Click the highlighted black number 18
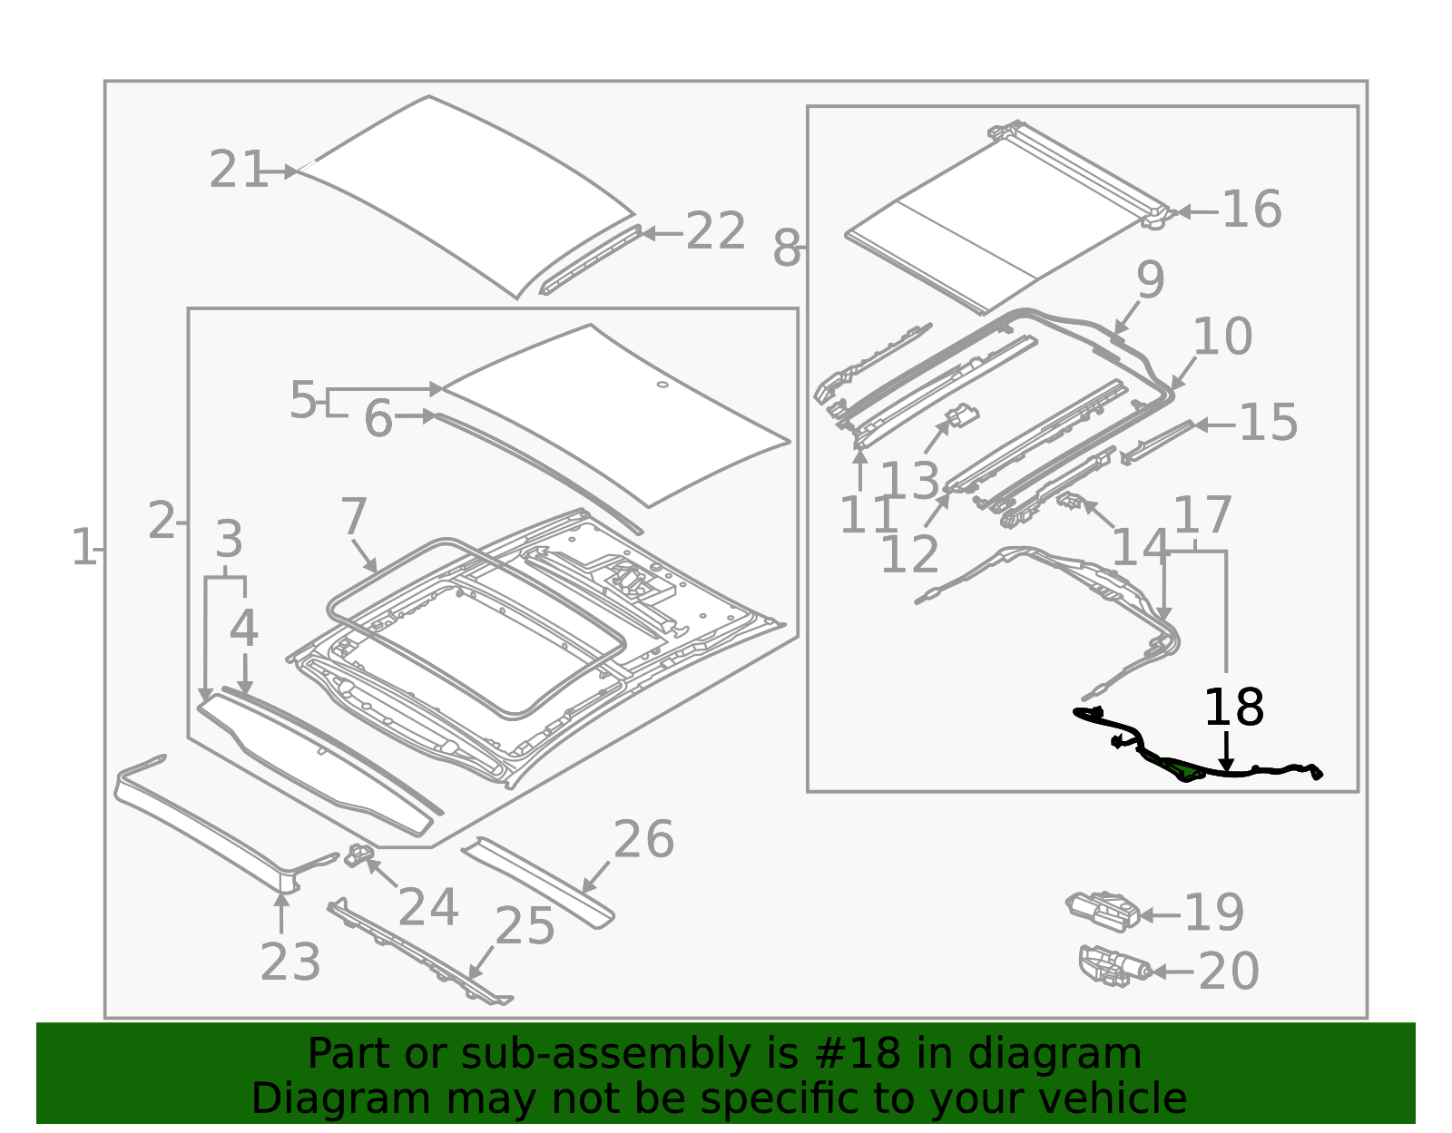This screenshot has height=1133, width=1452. tap(1232, 708)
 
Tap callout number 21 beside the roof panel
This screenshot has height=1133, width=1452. tap(238, 171)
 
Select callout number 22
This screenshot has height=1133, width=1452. tap(715, 232)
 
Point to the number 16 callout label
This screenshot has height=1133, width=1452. tap(1251, 210)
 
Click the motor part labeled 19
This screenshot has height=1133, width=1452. tap(1103, 910)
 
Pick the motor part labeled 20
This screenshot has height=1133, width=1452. tap(1112, 967)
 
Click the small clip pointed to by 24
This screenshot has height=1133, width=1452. tap(358, 854)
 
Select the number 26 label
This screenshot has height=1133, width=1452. tap(643, 840)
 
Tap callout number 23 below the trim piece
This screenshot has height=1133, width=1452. tap(290, 962)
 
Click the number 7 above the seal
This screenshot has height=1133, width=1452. tap(353, 517)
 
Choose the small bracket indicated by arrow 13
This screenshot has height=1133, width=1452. tap(962, 417)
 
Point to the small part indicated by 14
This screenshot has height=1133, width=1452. tap(1071, 500)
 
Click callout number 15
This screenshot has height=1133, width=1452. tap(1268, 423)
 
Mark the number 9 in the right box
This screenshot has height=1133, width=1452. tap(1150, 280)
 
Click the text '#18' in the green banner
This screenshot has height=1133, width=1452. tap(858, 1054)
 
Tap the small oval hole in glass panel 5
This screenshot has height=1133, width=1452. tap(662, 385)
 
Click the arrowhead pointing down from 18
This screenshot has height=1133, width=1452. tap(1226, 766)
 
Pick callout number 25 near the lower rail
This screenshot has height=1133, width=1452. tap(525, 927)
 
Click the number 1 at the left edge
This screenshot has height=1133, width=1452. tap(83, 549)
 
